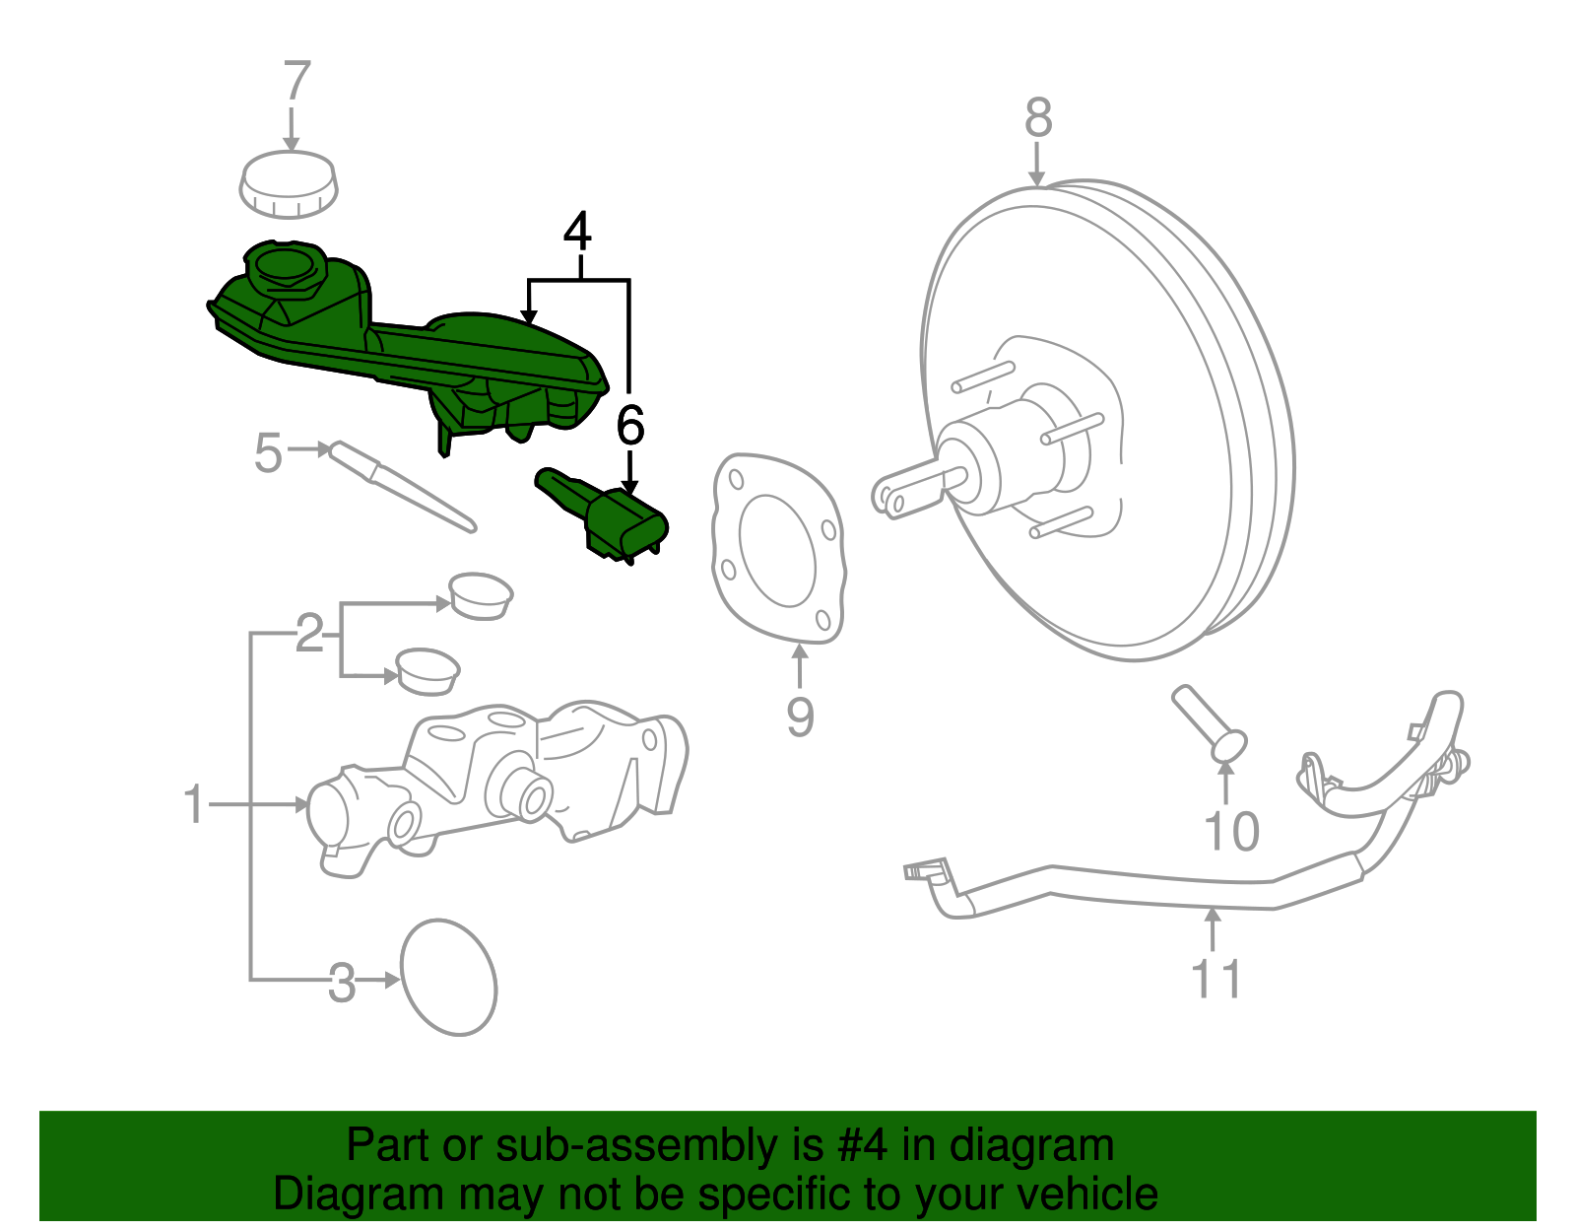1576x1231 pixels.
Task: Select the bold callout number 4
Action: point(577,233)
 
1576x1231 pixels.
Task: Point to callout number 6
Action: point(629,426)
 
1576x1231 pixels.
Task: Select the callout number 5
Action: point(268,453)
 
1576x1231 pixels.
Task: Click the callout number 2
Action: point(309,634)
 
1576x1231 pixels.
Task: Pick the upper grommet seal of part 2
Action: point(480,594)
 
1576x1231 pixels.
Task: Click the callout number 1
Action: point(194,805)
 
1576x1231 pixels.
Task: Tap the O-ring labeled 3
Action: point(448,978)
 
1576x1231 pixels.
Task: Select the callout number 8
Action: point(1038,118)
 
